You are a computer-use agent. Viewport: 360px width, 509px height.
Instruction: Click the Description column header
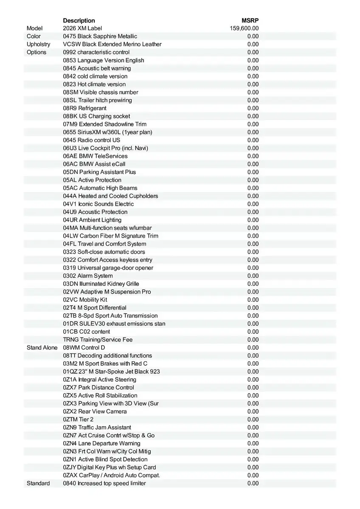[79, 20]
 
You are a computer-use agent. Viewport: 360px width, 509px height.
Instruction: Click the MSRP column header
[250, 20]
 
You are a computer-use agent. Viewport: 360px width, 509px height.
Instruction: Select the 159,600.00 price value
[244, 28]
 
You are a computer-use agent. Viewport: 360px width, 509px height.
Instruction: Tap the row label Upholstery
[38, 44]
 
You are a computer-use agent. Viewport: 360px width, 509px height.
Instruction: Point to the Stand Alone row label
[42, 348]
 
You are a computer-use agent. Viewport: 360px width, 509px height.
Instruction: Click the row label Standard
[38, 484]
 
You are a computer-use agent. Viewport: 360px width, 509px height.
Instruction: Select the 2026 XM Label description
[82, 28]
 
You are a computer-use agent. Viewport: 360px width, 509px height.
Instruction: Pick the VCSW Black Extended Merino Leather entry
[112, 44]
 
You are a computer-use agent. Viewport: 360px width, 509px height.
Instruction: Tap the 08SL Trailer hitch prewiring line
[97, 100]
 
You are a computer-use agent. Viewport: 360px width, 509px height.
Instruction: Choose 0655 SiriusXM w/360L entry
[107, 132]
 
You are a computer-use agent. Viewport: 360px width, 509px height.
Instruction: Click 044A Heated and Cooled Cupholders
[110, 196]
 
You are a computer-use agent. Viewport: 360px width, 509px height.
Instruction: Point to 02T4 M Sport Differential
[95, 308]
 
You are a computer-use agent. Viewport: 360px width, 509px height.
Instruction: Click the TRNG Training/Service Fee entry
[98, 340]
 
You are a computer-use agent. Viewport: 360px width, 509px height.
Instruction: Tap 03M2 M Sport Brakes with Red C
[105, 364]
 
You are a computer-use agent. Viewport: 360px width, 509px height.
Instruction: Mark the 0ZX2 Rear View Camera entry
[95, 411]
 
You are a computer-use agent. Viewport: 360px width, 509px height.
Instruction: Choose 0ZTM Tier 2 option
[78, 420]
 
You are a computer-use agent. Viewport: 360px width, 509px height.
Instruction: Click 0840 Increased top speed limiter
[104, 484]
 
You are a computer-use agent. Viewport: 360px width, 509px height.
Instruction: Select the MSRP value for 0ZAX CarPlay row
[253, 475]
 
